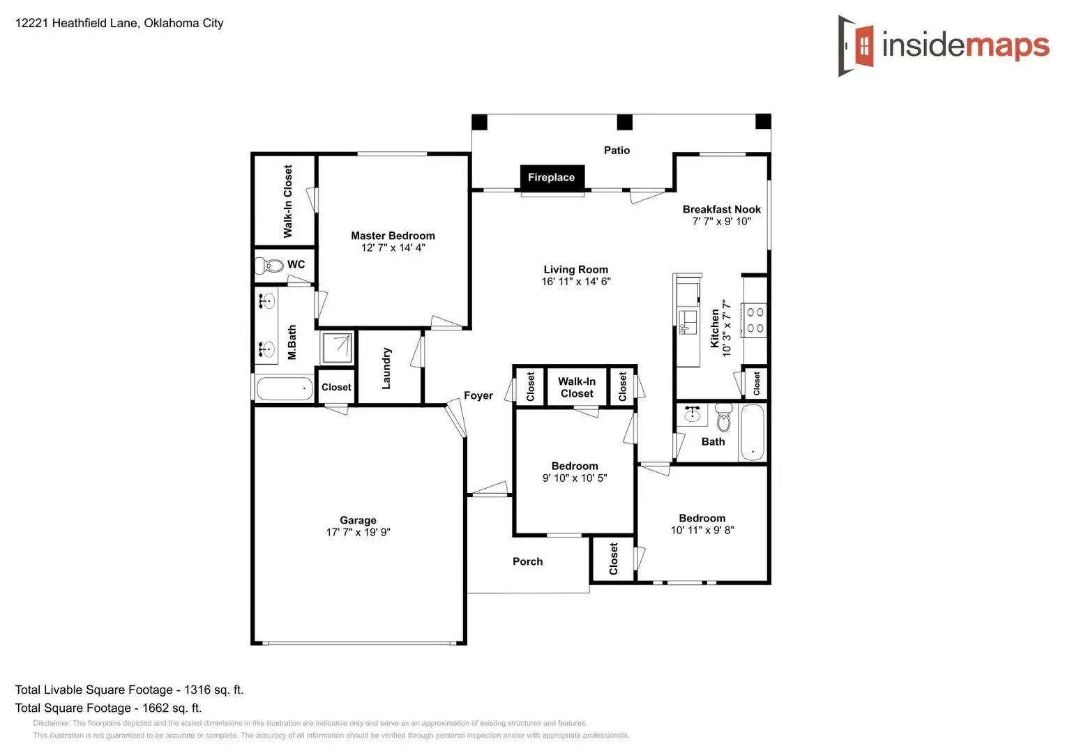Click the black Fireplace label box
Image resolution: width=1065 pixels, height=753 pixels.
coord(552,178)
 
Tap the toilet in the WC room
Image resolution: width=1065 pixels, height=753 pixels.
coord(269,265)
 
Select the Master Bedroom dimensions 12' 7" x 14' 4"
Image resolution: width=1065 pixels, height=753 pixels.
coord(393,248)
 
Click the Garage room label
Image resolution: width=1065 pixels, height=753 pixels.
coord(358,520)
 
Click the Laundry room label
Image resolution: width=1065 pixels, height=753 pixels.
coord(386,368)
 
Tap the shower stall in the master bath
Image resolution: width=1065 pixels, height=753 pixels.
coord(338,347)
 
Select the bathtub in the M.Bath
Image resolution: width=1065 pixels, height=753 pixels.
coord(285,388)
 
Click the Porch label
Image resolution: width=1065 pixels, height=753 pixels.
coord(527,561)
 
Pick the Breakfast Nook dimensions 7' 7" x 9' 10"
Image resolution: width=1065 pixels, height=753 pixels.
coord(721,222)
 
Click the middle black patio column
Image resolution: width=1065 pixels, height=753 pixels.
coord(624,123)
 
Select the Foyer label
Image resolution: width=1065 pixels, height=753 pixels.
coord(478,395)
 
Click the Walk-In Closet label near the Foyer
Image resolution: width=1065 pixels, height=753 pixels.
coord(577,388)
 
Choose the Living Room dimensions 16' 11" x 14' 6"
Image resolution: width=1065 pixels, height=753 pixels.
coord(576,282)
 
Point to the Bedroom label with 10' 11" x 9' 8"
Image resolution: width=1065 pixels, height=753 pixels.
coord(702,518)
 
